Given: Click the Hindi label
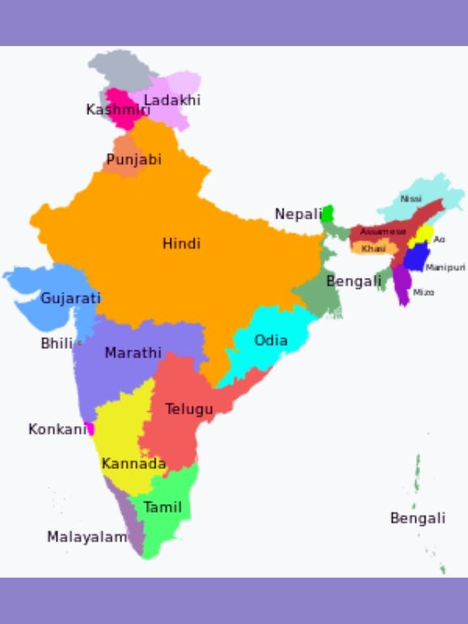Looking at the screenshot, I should click(181, 244).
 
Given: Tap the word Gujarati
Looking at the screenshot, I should click(70, 298).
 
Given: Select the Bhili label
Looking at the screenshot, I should click(57, 343).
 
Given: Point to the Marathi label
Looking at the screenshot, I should click(133, 353).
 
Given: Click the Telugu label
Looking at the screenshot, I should click(189, 409).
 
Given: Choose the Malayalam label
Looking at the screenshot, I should click(87, 537).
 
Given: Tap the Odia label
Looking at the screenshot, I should click(271, 340).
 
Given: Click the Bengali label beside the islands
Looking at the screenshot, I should click(418, 519).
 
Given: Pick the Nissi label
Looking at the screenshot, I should click(411, 199).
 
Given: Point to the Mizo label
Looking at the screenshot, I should click(423, 293).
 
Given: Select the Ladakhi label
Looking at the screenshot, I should click(172, 100).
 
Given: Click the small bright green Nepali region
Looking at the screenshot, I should click(328, 214).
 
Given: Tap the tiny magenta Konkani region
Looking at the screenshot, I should click(90, 429).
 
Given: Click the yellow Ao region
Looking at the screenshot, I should click(421, 235).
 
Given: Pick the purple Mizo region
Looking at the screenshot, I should click(402, 285).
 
